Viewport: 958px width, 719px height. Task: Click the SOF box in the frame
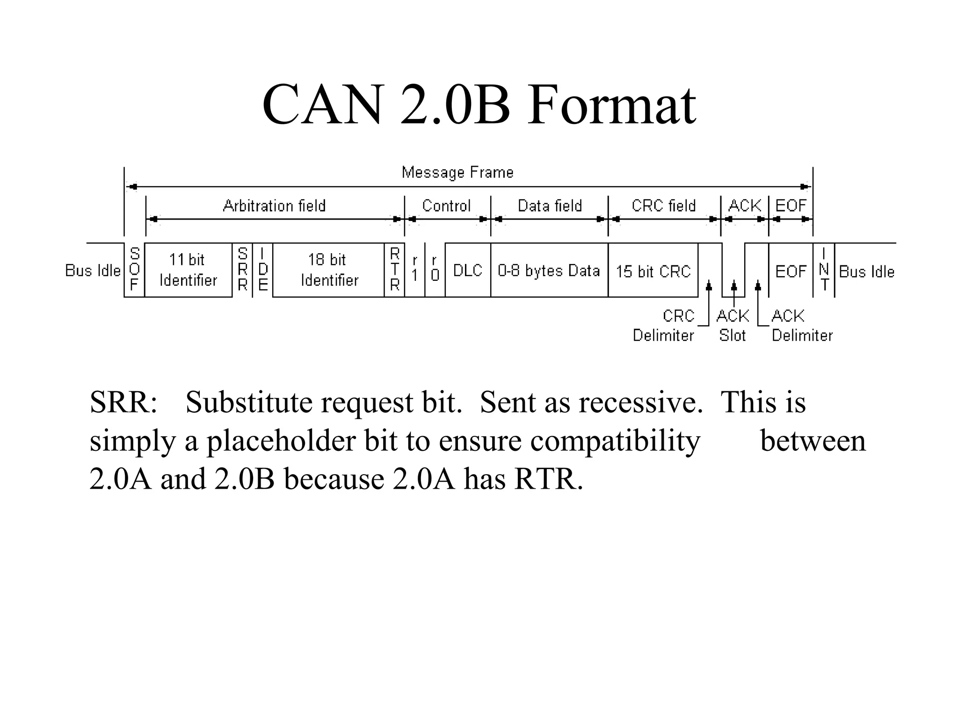coord(134,270)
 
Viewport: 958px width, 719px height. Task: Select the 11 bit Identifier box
coord(188,270)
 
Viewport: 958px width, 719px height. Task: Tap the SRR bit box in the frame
coord(242,270)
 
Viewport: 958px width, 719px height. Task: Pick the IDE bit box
coord(263,270)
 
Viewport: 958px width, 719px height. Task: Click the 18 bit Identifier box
coord(328,270)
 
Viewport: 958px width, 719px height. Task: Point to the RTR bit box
coord(395,270)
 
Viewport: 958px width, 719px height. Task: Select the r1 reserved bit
coord(415,270)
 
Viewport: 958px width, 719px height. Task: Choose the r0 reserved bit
coord(435,270)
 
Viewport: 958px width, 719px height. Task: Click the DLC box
coord(468,270)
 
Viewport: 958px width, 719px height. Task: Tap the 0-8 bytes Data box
coord(549,270)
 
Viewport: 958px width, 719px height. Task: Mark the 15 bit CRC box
coord(653,271)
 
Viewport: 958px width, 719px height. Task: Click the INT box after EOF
coord(824,270)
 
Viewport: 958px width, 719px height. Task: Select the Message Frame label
coord(457,173)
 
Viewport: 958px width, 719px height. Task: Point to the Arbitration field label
coord(274,206)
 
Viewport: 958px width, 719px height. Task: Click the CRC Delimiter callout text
coord(664,326)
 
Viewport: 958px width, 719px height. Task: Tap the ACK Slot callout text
coord(733,326)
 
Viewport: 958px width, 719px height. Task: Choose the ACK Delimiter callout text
coord(802,326)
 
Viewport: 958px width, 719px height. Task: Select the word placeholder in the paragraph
coord(281,441)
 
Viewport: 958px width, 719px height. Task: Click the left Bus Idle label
coord(93,271)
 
